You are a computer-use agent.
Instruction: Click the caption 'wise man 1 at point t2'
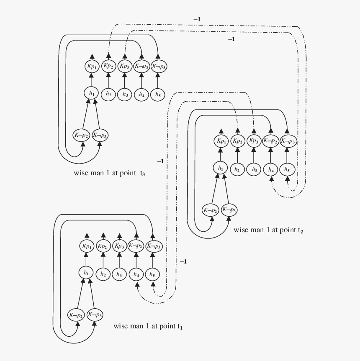268,230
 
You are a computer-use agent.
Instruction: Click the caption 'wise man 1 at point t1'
147,326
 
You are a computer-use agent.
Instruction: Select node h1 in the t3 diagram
91,93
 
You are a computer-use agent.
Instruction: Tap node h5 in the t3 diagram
157,95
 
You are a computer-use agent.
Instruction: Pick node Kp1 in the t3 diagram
91,67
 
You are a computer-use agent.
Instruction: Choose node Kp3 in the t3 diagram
125,66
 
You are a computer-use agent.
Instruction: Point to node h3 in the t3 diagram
125,95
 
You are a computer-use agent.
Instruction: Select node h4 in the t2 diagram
270,170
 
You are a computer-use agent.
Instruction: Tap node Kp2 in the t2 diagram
237,141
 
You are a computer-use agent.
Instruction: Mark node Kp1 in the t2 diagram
221,141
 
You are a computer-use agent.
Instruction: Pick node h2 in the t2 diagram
237,170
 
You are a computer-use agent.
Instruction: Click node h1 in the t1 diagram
86,273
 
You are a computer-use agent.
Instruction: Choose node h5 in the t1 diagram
152,275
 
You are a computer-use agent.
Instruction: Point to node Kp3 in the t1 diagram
119,246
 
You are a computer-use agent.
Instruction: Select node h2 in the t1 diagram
103,274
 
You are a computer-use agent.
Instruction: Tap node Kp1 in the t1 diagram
86,246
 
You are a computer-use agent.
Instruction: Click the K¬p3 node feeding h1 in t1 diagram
95,315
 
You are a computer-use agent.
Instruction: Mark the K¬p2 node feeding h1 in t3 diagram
82,135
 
